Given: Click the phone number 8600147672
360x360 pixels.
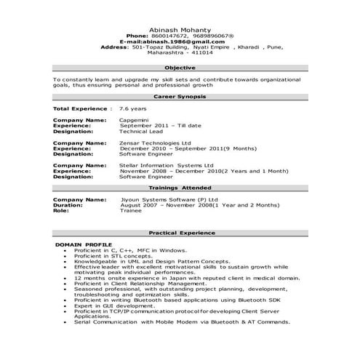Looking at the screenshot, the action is point(168,35).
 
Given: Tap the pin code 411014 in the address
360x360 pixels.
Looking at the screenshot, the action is point(201,52).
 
